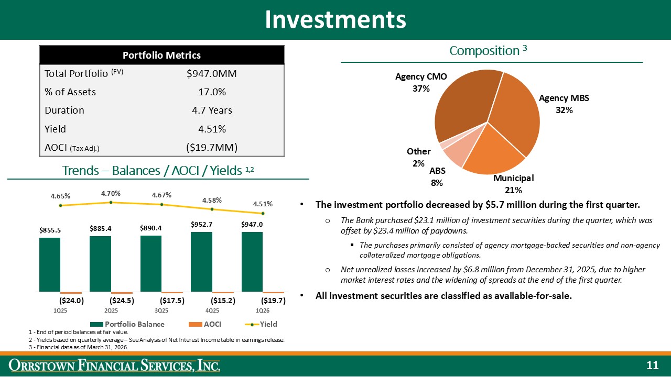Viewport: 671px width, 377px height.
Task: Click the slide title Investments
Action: coord(335,19)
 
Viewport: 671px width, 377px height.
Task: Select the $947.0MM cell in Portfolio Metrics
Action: coord(212,74)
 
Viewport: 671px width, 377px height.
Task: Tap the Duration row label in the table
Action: coord(64,110)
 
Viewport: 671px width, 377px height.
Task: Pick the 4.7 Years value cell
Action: coord(212,110)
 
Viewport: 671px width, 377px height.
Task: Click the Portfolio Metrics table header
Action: coord(161,55)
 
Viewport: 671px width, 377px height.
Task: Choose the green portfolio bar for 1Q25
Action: coord(50,264)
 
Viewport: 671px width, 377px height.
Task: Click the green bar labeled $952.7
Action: coord(202,262)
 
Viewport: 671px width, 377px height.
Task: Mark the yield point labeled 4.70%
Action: coord(111,203)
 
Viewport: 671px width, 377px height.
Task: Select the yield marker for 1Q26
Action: coord(263,213)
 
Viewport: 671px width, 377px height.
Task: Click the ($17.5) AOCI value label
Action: coord(172,301)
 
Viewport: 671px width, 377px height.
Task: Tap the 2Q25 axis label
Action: coord(111,311)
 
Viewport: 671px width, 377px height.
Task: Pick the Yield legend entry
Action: coord(259,324)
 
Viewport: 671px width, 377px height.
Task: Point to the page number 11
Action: coord(652,365)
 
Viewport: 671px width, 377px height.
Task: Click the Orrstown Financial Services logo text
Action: coord(116,365)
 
